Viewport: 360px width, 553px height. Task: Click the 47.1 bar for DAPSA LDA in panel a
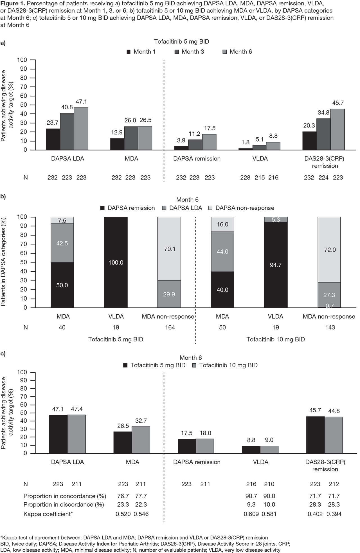tap(81, 129)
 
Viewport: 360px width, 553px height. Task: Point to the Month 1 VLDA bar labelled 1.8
tap(245, 149)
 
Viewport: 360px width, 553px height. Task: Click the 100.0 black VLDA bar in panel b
tap(116, 262)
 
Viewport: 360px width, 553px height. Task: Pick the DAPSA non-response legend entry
tap(241, 208)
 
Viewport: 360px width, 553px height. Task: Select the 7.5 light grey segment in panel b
tap(62, 220)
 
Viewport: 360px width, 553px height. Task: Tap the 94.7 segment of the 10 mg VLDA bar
tap(276, 265)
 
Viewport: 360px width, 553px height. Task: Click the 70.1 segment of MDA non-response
tap(169, 249)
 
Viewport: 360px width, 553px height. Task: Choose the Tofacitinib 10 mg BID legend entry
tap(225, 365)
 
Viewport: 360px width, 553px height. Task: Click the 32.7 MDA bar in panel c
tap(141, 440)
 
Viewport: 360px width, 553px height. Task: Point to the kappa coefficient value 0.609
tap(251, 514)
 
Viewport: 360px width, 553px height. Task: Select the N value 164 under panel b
tap(170, 327)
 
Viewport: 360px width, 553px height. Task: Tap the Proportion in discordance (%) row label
tap(64, 505)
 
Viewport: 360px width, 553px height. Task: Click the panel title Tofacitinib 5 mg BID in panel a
tap(181, 42)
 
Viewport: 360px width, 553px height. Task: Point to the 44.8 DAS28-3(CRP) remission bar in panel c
tap(334, 435)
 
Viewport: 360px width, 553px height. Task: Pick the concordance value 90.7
tap(251, 496)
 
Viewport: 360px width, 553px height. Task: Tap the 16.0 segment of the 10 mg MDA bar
tap(222, 224)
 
